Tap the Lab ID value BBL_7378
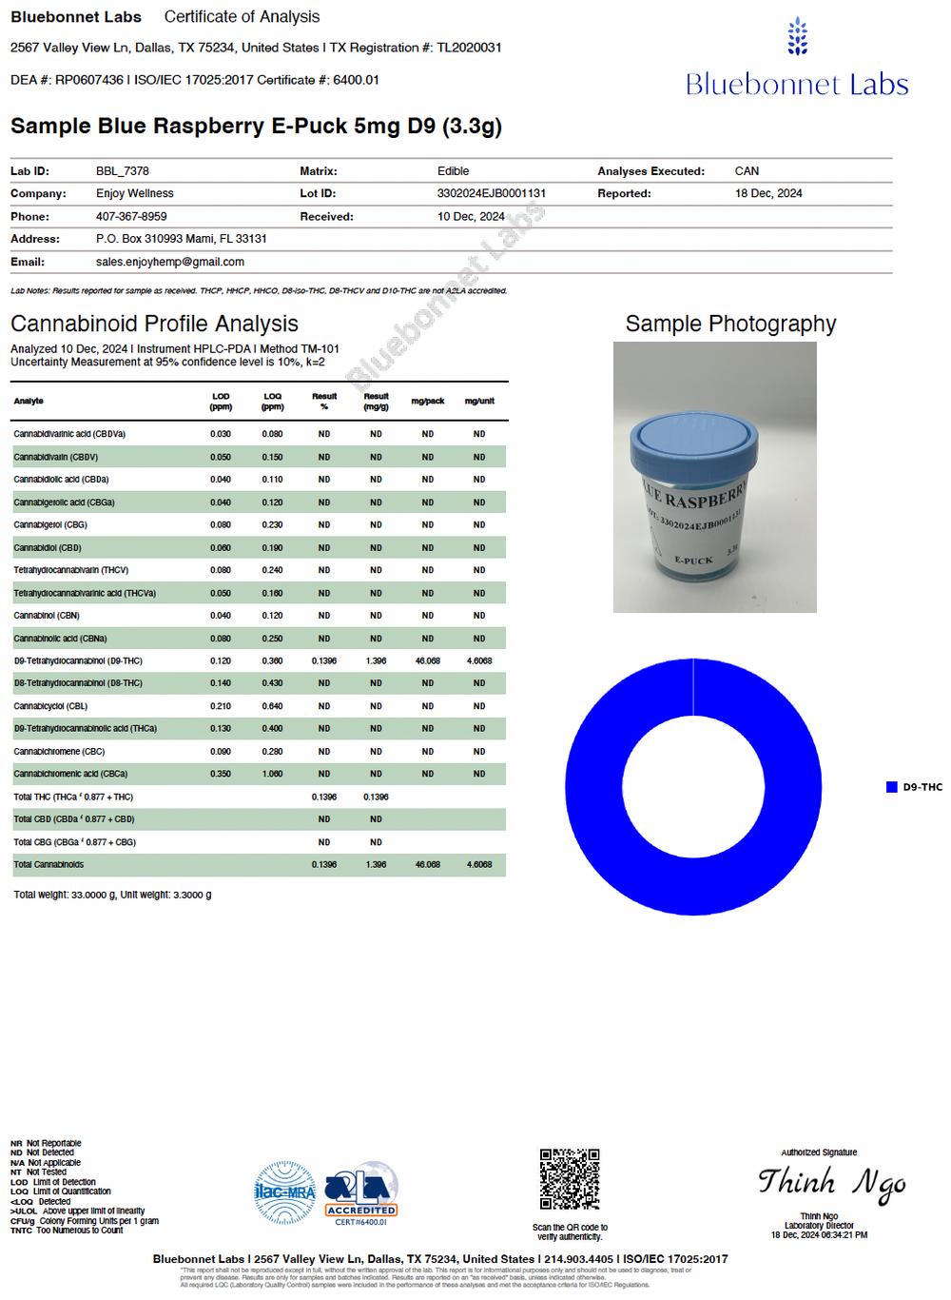(x=123, y=171)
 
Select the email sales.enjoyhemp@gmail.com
(x=169, y=262)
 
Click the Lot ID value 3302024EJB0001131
(x=491, y=193)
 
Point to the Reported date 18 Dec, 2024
(x=767, y=193)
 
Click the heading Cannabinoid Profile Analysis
(x=154, y=324)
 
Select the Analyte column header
(x=29, y=401)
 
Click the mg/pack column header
(x=427, y=401)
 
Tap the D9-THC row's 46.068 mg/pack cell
(x=427, y=660)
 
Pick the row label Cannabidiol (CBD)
(x=48, y=547)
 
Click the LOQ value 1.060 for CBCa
(x=272, y=774)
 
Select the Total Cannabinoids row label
(x=49, y=864)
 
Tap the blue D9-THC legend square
(x=891, y=787)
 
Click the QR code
(x=570, y=1179)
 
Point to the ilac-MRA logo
(x=284, y=1192)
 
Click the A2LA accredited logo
(x=361, y=1192)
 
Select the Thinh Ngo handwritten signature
(x=831, y=1183)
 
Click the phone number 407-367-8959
(x=131, y=216)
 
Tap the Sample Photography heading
(x=730, y=324)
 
